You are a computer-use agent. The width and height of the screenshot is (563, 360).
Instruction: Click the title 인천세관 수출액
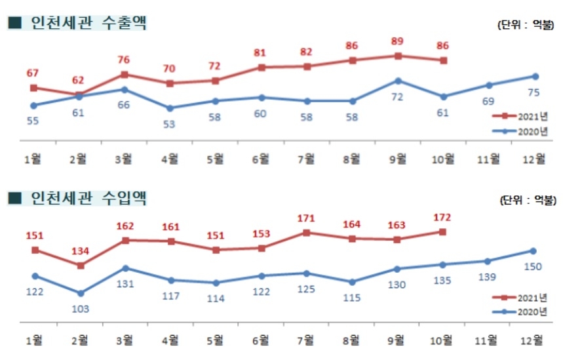tap(88, 24)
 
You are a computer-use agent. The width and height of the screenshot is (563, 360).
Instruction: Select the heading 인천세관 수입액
tap(88, 197)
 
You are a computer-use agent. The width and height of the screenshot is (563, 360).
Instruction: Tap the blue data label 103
tap(81, 308)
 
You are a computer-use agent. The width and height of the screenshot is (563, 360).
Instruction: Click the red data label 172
tap(443, 217)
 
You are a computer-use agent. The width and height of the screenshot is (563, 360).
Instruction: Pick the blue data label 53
tap(170, 124)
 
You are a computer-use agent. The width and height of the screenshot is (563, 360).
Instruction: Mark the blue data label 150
tap(532, 266)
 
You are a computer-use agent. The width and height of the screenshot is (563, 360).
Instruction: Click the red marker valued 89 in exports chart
tap(398, 56)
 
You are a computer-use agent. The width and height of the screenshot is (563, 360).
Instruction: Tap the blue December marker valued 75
tap(535, 76)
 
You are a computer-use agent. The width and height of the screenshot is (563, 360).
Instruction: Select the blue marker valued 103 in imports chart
tap(81, 293)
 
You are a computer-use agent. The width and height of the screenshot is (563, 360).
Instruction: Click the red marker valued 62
tap(81, 95)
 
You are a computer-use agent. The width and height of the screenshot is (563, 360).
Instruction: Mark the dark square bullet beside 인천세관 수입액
tap(14, 197)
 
